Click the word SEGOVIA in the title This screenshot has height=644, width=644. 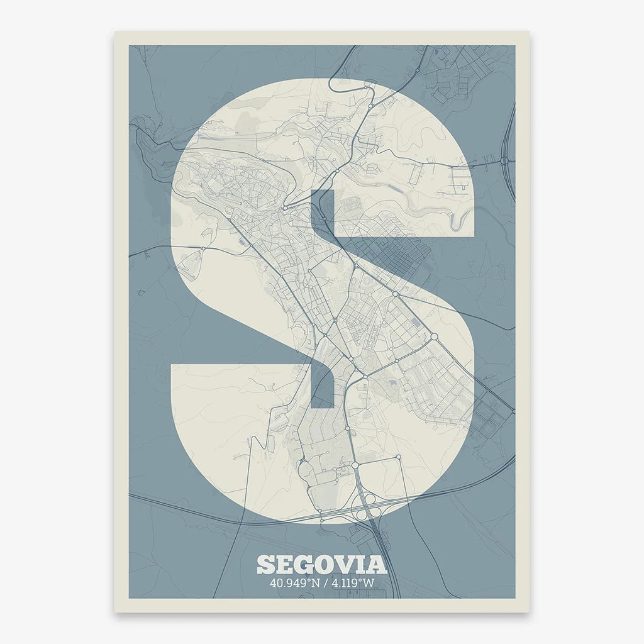click(321, 564)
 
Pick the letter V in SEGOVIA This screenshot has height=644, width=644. click(348, 564)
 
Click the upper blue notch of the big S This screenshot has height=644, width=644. click(322, 213)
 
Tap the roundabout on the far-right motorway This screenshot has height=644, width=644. click(504, 160)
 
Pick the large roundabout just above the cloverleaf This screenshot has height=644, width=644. click(355, 465)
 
